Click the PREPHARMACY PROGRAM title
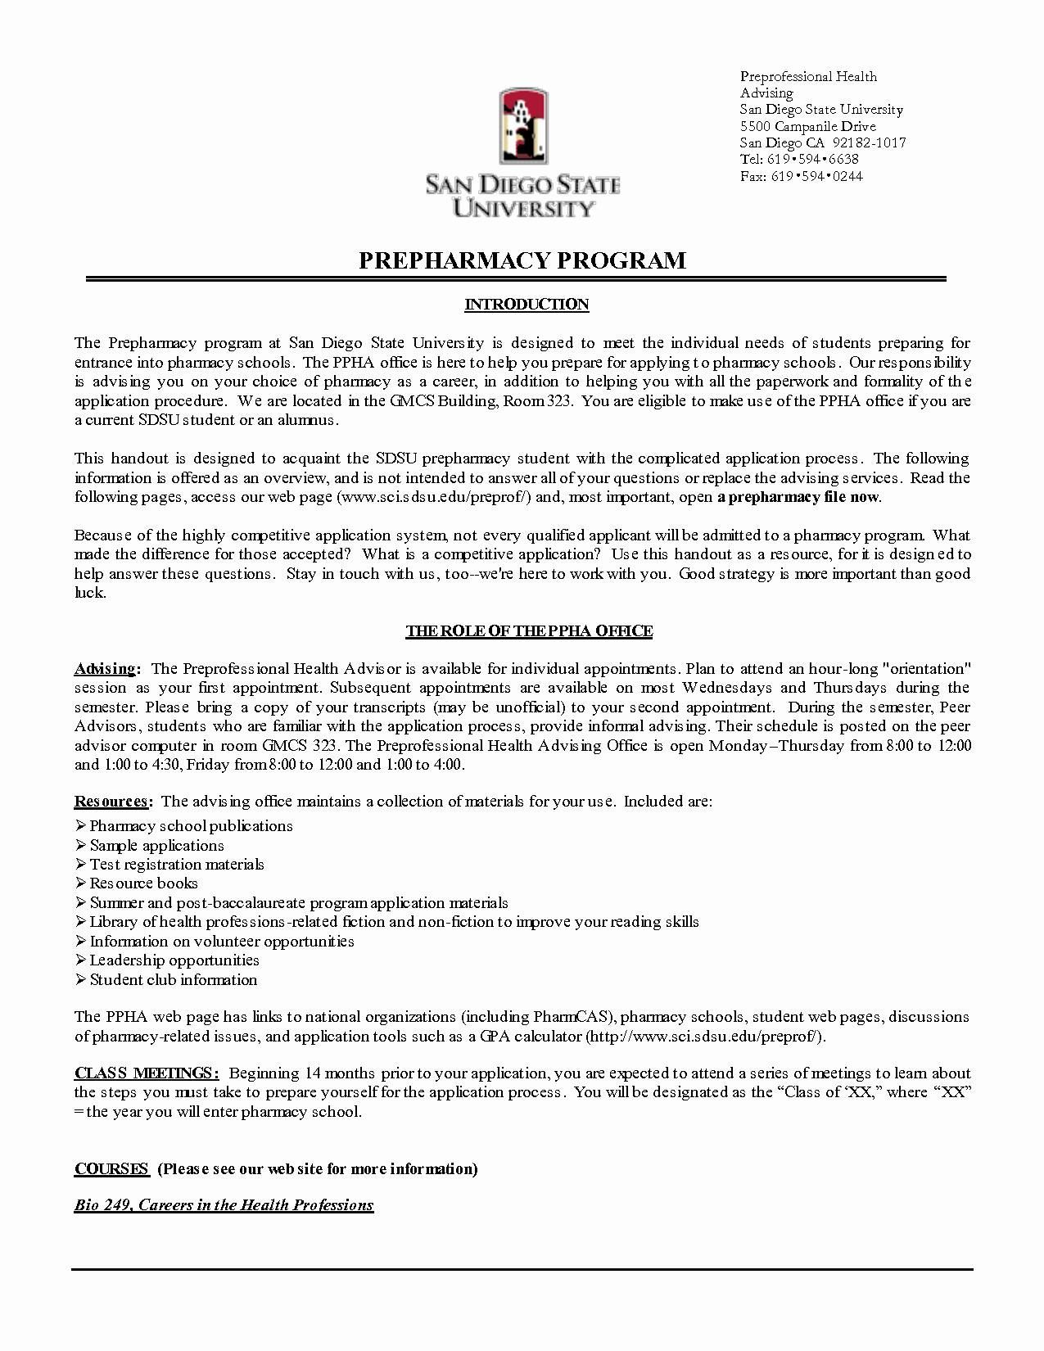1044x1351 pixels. (522, 260)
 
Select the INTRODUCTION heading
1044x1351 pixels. (527, 305)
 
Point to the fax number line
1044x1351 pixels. (801, 176)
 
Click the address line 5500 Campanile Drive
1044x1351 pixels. (807, 126)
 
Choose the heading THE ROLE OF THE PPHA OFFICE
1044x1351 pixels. (529, 631)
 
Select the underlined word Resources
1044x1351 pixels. (111, 801)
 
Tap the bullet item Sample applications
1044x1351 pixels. (156, 845)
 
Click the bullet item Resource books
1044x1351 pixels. (143, 883)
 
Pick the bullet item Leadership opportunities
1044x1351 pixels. (174, 960)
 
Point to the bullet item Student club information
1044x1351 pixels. (173, 979)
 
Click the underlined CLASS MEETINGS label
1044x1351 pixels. (146, 1073)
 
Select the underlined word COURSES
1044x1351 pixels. (111, 1168)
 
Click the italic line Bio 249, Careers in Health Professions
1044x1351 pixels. (224, 1204)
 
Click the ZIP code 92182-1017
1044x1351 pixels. (869, 142)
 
